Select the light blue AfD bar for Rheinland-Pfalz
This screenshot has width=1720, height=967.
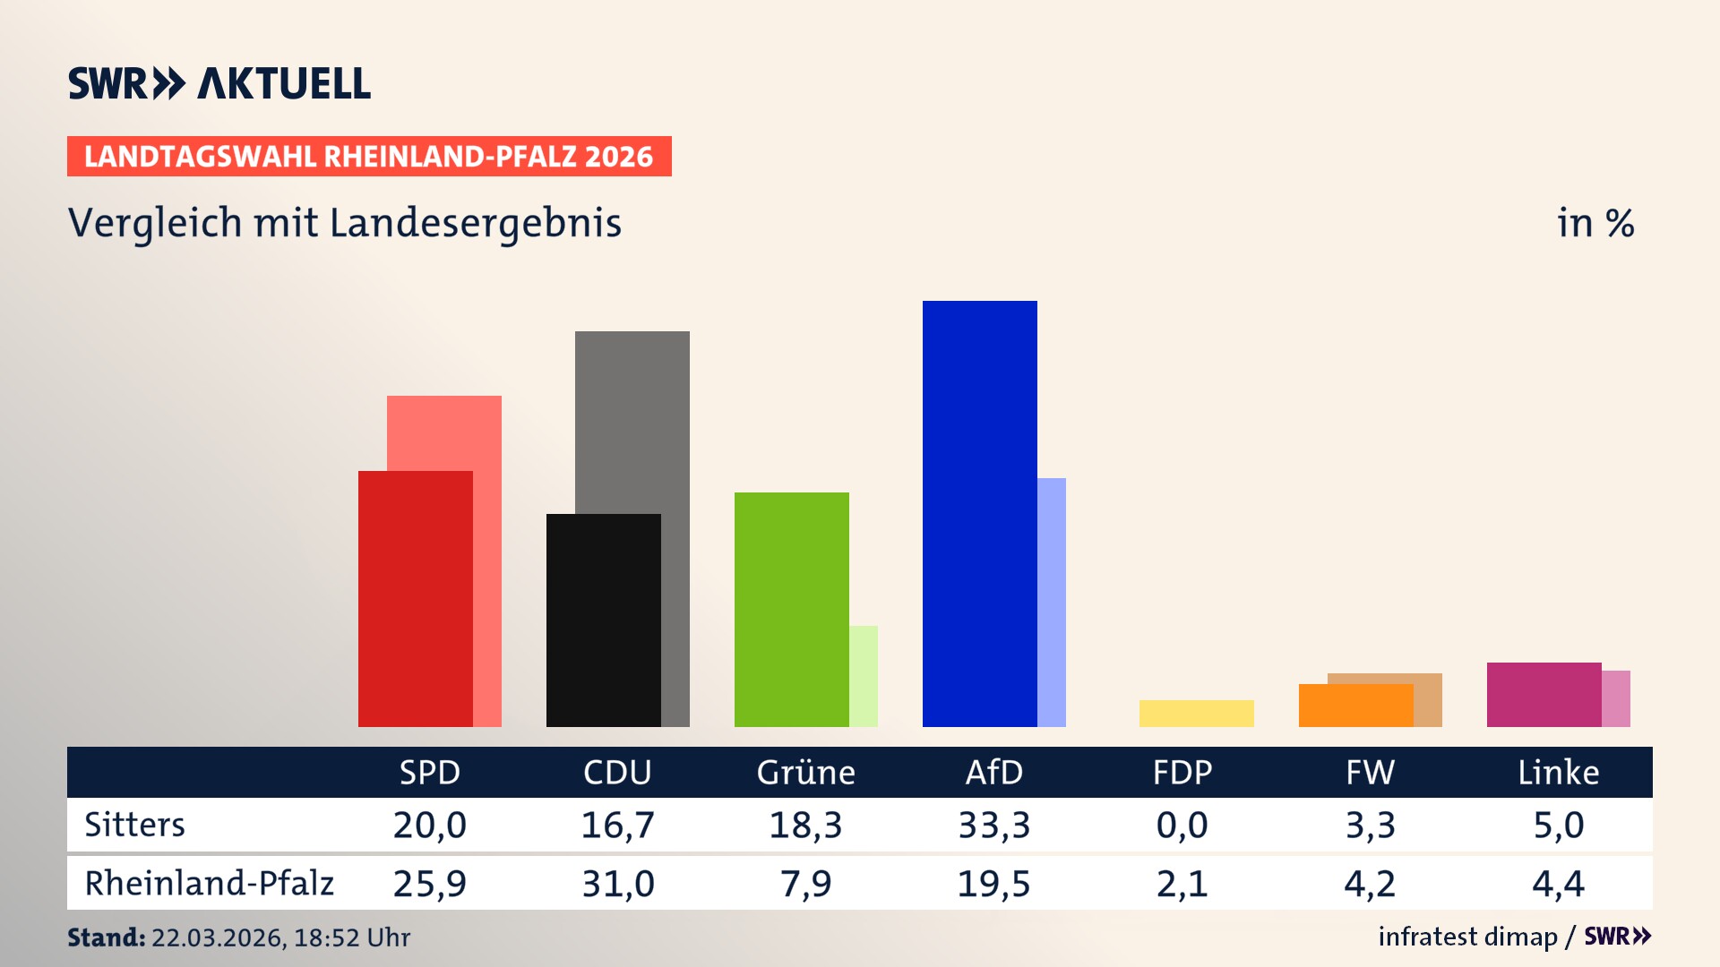coord(1052,602)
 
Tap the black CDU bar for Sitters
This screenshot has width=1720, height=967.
coord(603,620)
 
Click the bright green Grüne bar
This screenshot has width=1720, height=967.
coord(791,609)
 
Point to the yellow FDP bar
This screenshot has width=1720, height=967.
coord(1196,714)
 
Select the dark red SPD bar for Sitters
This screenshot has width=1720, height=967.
coord(415,598)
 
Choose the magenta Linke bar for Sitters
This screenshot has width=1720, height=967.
coord(1544,694)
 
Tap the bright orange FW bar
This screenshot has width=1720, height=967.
coord(1355,706)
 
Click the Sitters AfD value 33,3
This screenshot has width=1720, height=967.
coord(993,825)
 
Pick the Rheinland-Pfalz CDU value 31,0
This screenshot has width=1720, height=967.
coord(617,884)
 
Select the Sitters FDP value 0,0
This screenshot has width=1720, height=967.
coord(1182,825)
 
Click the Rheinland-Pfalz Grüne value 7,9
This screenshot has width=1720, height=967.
coord(805,884)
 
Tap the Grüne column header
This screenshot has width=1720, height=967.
coord(805,772)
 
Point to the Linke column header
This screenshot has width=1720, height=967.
coord(1558,772)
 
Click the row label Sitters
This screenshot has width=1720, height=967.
coord(134,825)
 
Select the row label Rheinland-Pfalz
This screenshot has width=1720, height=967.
coord(209,884)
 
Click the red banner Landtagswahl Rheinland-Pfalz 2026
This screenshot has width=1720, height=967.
coord(369,157)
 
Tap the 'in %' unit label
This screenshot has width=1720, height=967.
coord(1595,223)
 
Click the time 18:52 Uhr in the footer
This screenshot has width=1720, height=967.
coord(351,937)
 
